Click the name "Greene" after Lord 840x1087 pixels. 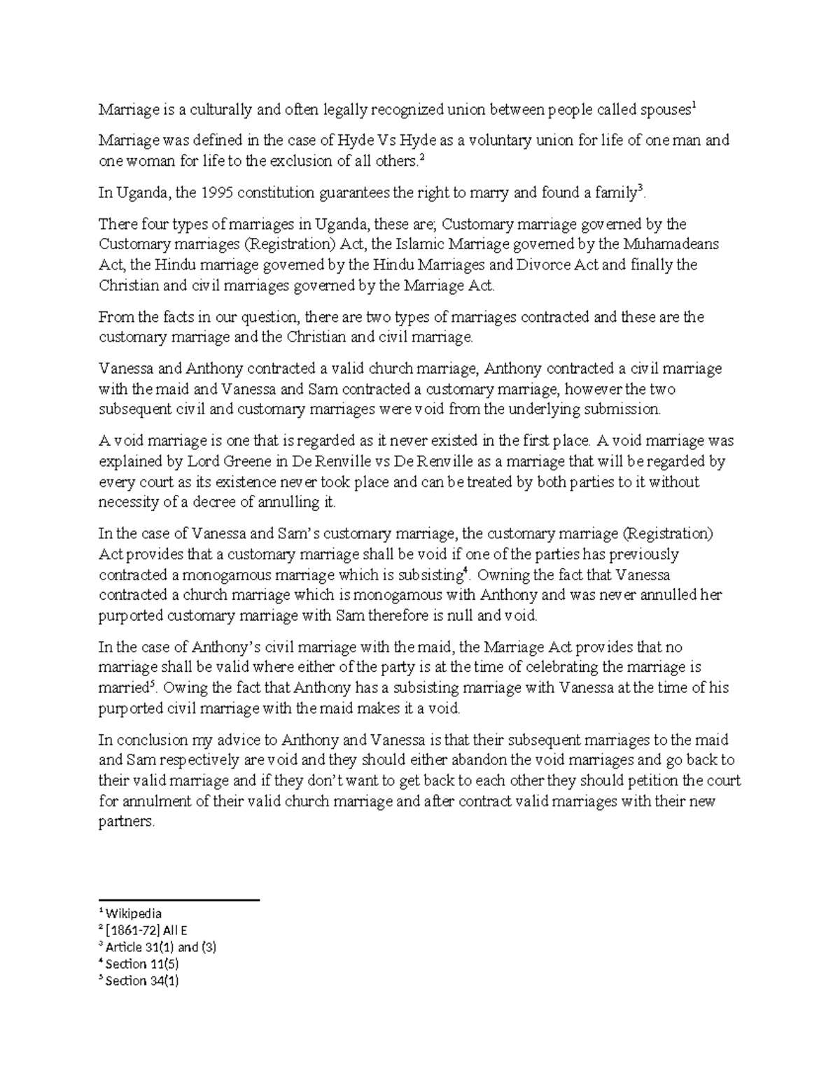pos(252,462)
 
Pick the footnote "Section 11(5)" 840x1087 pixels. pos(141,965)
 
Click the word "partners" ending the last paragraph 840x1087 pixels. pos(125,822)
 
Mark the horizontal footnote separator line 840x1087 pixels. pos(179,900)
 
